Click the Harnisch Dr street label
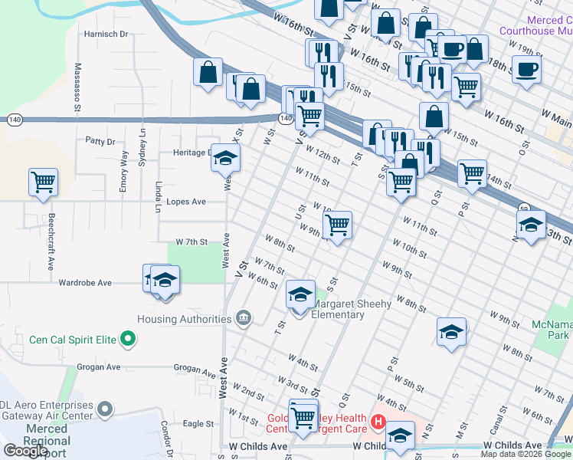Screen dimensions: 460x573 (x=106, y=34)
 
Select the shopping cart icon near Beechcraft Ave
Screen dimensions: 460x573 (x=43, y=182)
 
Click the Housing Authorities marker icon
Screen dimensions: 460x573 (x=244, y=318)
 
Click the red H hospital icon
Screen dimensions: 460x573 (x=377, y=421)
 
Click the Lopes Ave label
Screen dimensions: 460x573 (x=187, y=202)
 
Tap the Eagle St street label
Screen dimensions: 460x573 (x=198, y=423)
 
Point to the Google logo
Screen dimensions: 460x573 (x=25, y=451)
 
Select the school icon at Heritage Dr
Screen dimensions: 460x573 (x=225, y=158)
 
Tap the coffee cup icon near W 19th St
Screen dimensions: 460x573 (x=526, y=70)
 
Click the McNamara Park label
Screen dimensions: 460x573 (x=552, y=330)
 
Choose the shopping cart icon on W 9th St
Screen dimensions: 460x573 (x=337, y=225)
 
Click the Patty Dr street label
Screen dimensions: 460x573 (x=100, y=141)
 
